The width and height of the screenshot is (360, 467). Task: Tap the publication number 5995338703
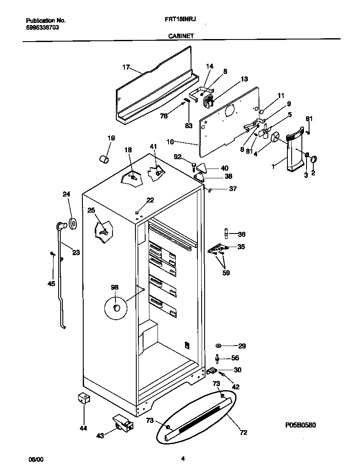pos(42,27)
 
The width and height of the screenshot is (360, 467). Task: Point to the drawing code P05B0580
pos(300,425)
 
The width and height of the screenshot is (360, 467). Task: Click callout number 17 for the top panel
pos(126,67)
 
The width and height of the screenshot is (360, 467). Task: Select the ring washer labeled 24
pos(73,222)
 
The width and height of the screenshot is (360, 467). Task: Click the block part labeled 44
pos(83,399)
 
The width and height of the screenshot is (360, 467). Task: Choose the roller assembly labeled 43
pos(122,424)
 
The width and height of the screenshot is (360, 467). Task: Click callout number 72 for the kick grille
pos(243,433)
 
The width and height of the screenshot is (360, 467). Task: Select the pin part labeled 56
pos(218,359)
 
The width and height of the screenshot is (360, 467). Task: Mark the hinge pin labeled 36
pos(226,233)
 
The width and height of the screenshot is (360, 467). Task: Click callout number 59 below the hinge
pos(226,273)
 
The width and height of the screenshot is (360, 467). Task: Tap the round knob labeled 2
pos(314,159)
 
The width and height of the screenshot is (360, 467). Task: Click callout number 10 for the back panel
pos(170,141)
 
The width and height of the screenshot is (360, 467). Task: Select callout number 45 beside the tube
pos(51,284)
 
